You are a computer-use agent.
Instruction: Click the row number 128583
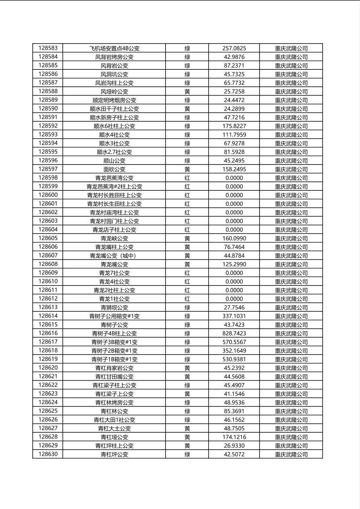pos(48,48)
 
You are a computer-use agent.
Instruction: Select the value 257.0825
pos(234,48)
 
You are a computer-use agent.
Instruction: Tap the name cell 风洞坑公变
pos(114,74)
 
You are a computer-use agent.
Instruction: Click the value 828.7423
pos(234,334)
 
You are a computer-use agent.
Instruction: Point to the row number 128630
pos(48,454)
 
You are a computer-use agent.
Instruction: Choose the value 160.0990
pos(234,238)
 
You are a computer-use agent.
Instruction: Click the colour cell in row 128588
pos(187,92)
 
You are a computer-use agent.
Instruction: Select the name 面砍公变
pos(114,169)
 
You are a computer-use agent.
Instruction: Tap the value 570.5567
pos(234,342)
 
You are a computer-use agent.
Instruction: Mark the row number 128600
pos(48,195)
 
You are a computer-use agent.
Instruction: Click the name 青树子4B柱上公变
pos(114,334)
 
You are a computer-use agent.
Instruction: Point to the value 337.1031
pos(234,316)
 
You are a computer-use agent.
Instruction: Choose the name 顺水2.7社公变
pos(114,152)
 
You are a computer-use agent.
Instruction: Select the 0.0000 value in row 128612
pos(234,299)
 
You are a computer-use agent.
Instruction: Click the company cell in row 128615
pos(291,325)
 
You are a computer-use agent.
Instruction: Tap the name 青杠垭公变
pos(114,437)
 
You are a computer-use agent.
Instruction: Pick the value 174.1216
pos(234,437)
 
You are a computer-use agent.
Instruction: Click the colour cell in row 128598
pos(187,178)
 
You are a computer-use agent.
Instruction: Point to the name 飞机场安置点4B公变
pos(114,48)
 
